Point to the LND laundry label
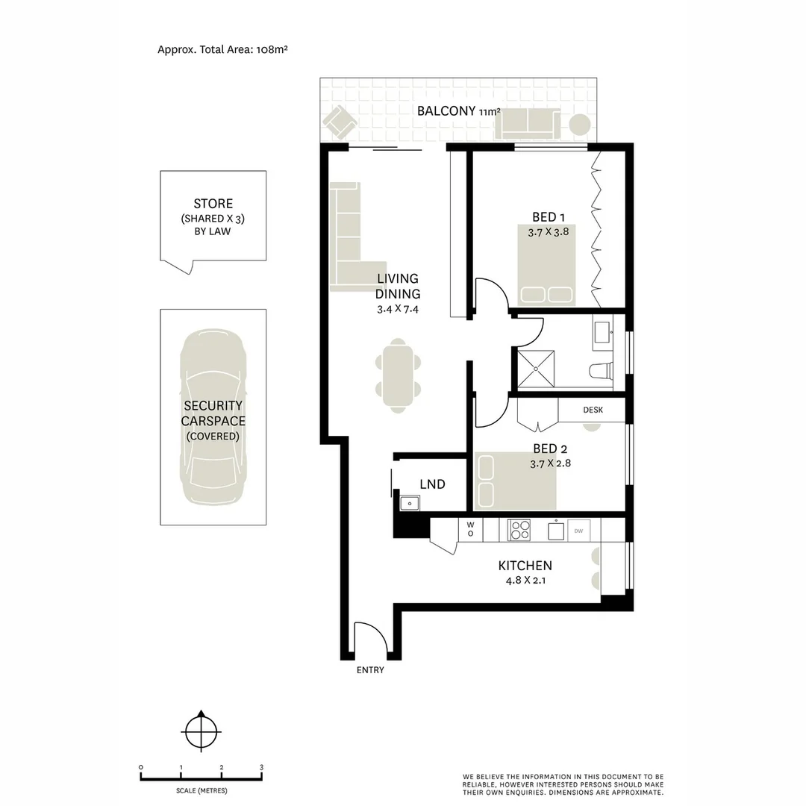432,484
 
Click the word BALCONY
446,111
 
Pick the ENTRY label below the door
370,670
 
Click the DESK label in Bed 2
593,410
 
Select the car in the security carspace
213,417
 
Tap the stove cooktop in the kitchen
519,530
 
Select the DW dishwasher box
578,531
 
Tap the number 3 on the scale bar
261,767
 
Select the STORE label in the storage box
213,204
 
